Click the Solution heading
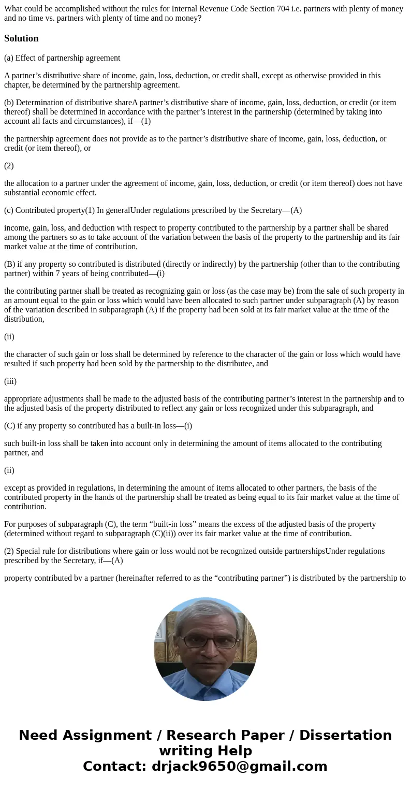click(21, 38)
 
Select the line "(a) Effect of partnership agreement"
click(62, 58)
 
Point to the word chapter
click(18, 85)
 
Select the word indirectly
click(223, 264)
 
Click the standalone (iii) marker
click(10, 381)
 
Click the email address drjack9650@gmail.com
click(239, 767)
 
